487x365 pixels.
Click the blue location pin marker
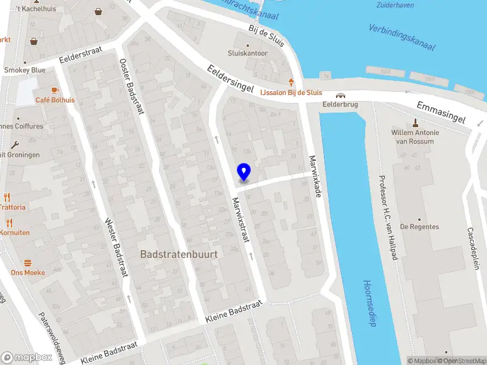(243, 172)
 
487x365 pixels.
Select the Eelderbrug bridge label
(340, 104)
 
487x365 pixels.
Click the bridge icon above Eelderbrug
(340, 95)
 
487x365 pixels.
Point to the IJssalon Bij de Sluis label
(291, 92)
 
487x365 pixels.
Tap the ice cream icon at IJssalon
(292, 82)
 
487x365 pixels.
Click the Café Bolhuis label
(55, 100)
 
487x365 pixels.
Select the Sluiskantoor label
(248, 53)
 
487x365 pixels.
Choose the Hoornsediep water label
(369, 303)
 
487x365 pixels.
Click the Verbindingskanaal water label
(402, 37)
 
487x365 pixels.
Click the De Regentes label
(419, 227)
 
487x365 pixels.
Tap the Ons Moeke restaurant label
(27, 273)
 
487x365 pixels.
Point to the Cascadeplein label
(474, 248)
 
